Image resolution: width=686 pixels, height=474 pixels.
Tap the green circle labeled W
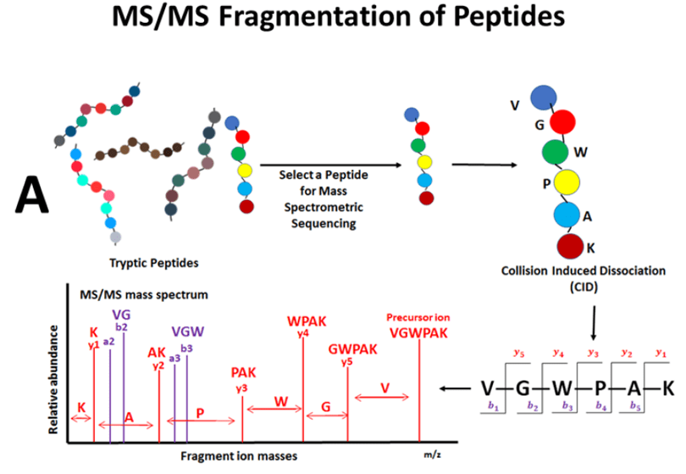point(555,153)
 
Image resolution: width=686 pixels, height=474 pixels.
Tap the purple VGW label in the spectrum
point(187,333)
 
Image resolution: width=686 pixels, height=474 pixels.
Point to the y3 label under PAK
point(242,388)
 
